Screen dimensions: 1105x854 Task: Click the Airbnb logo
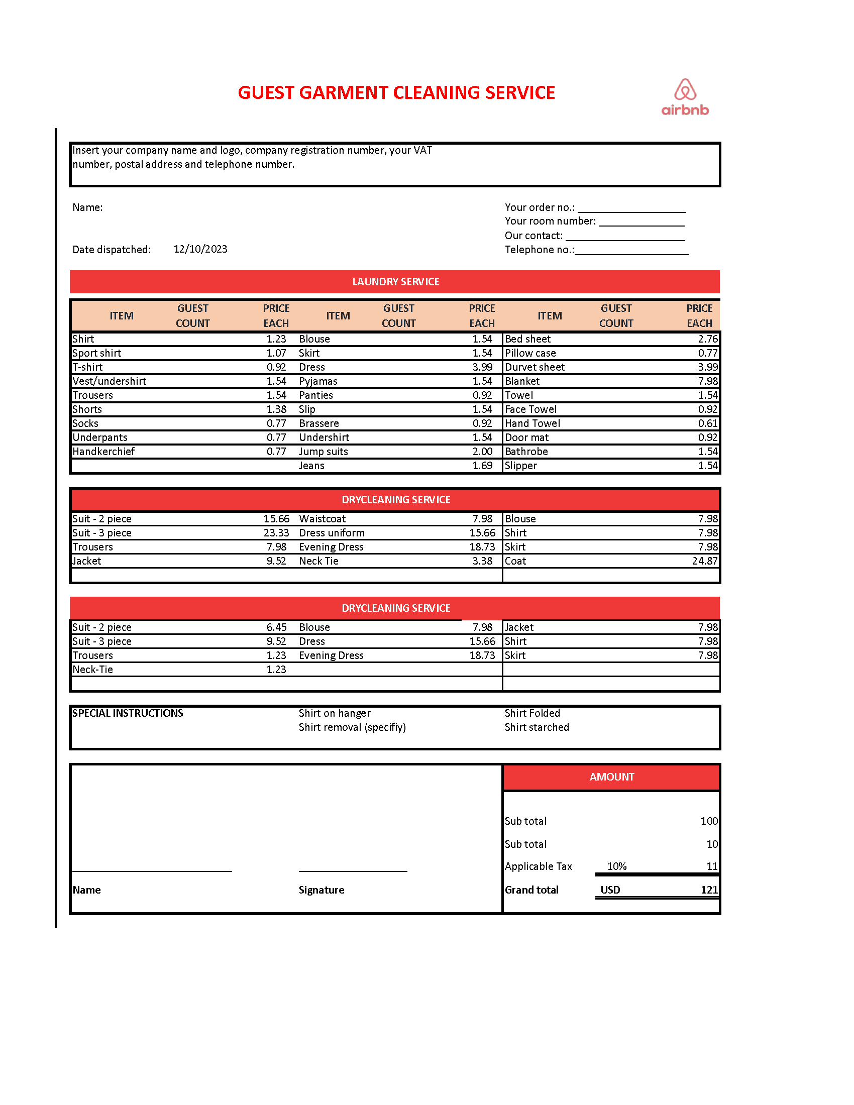pyautogui.click(x=685, y=97)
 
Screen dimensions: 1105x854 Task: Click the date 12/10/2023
pyautogui.click(x=200, y=249)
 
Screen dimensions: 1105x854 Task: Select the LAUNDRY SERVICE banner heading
pyautogui.click(x=395, y=282)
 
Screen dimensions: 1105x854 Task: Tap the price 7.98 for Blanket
pyautogui.click(x=707, y=381)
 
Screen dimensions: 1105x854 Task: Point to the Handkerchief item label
pyautogui.click(x=103, y=452)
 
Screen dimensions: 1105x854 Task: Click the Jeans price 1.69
pyautogui.click(x=482, y=466)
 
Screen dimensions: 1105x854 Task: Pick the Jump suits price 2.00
pyautogui.click(x=482, y=452)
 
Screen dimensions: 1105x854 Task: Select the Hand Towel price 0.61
pyautogui.click(x=707, y=423)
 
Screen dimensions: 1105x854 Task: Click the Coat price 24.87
pyautogui.click(x=705, y=561)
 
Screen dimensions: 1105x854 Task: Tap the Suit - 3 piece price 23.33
pyautogui.click(x=276, y=533)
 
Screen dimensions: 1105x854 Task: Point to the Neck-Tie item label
pyautogui.click(x=92, y=670)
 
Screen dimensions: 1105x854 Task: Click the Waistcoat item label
pyautogui.click(x=323, y=519)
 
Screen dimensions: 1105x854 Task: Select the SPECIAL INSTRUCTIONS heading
pyautogui.click(x=128, y=713)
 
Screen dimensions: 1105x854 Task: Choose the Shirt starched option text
pyautogui.click(x=537, y=727)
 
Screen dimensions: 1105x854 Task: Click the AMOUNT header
pyautogui.click(x=611, y=777)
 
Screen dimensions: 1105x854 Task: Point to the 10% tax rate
pyautogui.click(x=616, y=866)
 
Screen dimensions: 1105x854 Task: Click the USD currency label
pyautogui.click(x=610, y=890)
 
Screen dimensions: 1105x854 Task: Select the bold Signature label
pyautogui.click(x=322, y=890)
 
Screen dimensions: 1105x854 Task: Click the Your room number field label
pyautogui.click(x=550, y=221)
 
